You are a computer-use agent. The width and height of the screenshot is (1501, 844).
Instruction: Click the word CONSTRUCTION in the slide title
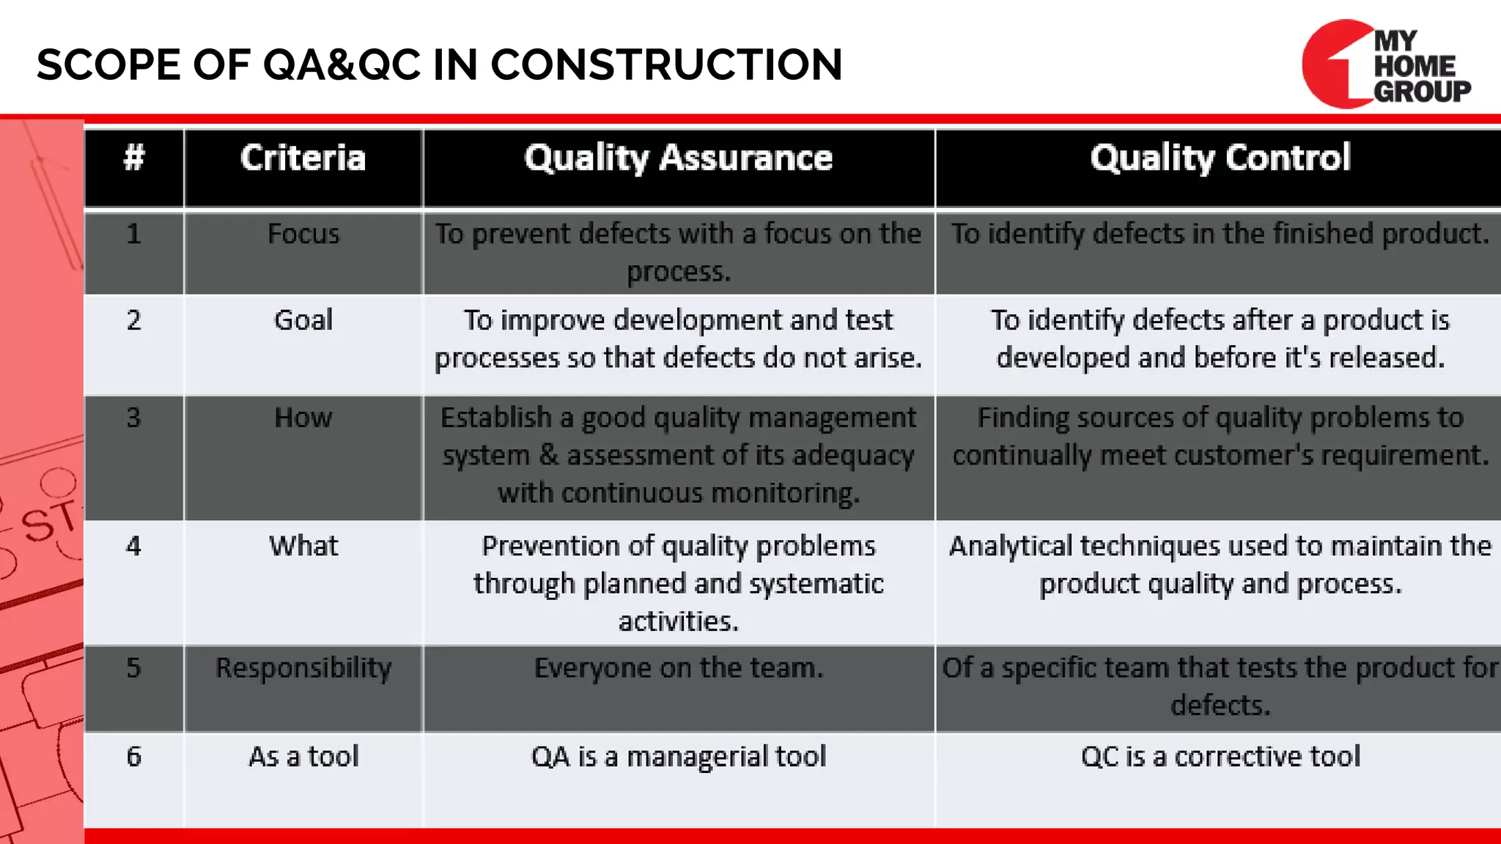pos(666,64)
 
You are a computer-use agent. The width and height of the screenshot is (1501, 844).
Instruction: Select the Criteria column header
pos(303,158)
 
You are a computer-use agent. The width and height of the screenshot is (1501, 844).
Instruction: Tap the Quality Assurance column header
pos(678,158)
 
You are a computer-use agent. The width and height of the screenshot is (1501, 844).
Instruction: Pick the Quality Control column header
pos(1220,158)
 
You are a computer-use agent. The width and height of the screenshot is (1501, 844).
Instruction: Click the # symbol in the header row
pos(134,158)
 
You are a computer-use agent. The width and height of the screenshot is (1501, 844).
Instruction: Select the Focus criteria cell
pos(303,234)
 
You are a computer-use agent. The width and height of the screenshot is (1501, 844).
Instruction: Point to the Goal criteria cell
pos(303,320)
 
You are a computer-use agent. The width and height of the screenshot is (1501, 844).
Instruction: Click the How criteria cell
pos(303,418)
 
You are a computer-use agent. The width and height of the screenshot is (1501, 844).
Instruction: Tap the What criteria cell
pos(303,546)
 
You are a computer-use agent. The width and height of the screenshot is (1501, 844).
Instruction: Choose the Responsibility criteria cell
pos(303,668)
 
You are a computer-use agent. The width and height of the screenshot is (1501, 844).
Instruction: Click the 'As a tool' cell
pos(303,757)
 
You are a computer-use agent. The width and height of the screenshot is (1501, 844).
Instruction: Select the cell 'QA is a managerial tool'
pos(678,757)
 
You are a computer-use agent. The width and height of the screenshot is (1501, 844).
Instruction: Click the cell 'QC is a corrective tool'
pos(1220,757)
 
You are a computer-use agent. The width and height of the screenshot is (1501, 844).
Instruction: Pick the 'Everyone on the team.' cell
pos(678,668)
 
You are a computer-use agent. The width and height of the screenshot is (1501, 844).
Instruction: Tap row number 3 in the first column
pos(133,418)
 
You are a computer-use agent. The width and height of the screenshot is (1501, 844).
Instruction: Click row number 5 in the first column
pos(133,668)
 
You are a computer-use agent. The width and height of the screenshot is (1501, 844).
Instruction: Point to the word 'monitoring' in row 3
pos(784,494)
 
